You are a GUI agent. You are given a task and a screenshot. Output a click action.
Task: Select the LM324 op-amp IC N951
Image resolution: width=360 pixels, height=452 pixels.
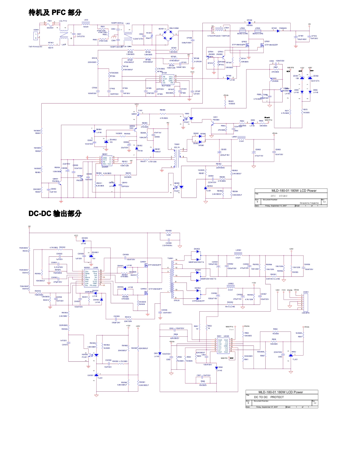point(225,344)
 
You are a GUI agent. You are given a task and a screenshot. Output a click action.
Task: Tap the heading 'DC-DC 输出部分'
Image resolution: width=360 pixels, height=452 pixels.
point(55,214)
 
